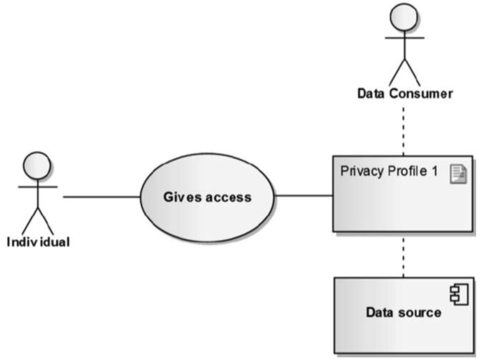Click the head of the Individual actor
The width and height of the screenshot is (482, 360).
pyautogui.click(x=37, y=165)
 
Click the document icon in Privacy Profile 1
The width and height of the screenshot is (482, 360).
pyautogui.click(x=459, y=174)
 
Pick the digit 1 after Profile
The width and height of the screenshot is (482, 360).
pyautogui.click(x=434, y=171)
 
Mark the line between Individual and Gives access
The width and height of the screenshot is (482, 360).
pyautogui.click(x=101, y=197)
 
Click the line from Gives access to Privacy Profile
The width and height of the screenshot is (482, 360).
pyautogui.click(x=304, y=195)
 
